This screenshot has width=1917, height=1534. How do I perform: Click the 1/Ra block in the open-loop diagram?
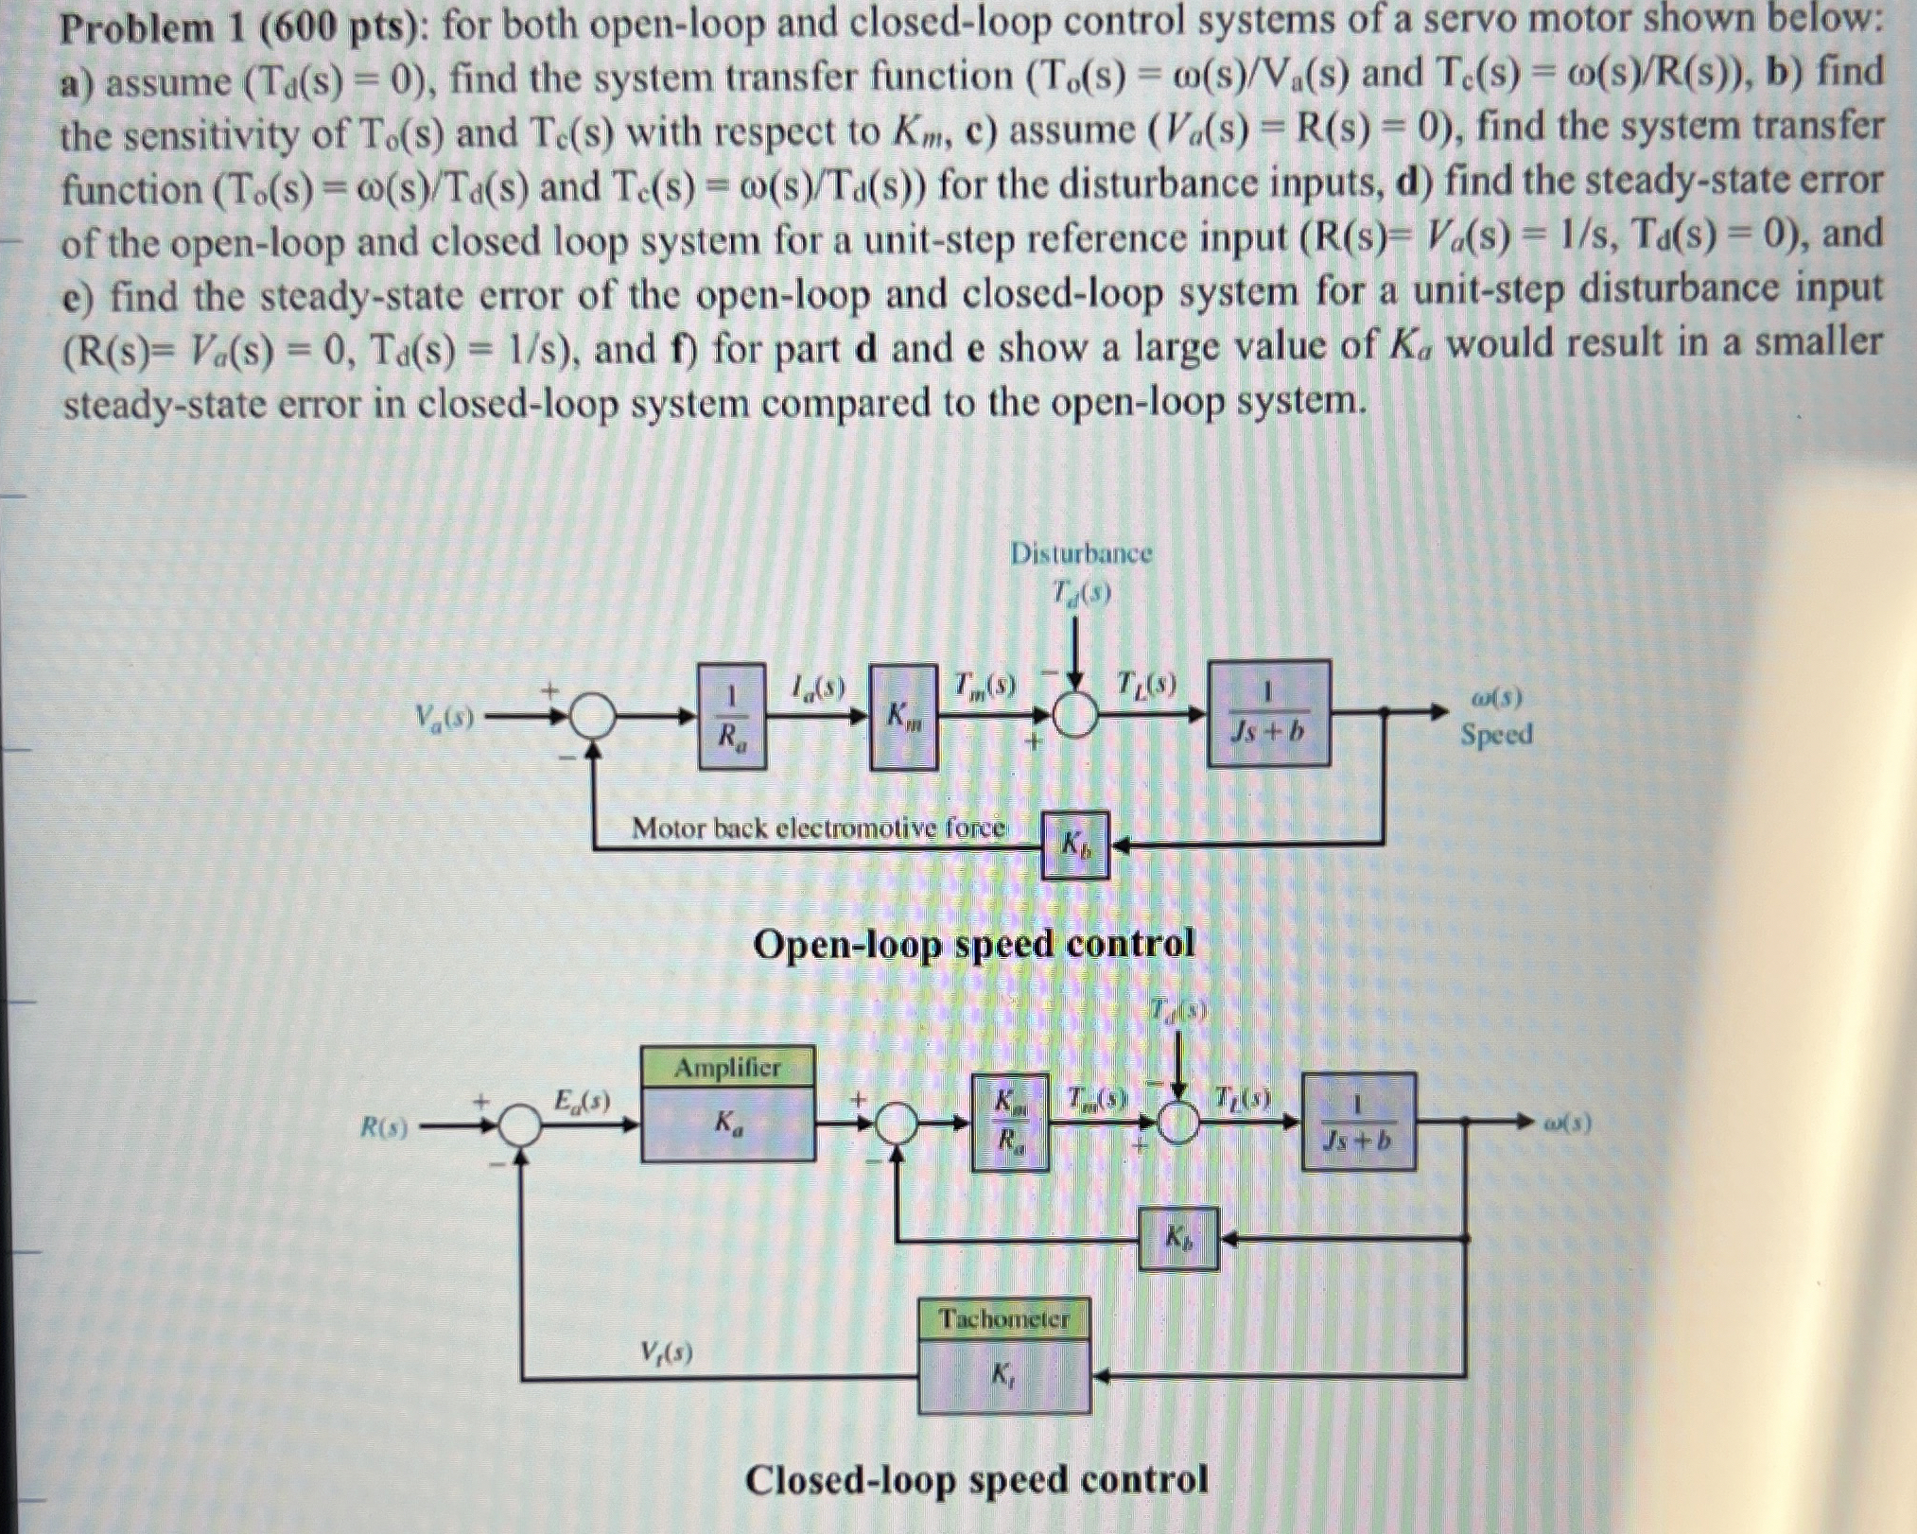pyautogui.click(x=731, y=716)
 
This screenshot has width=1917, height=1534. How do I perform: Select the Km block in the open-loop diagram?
pyautogui.click(x=903, y=716)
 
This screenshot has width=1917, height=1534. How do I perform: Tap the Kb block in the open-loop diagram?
pyautogui.click(x=1074, y=844)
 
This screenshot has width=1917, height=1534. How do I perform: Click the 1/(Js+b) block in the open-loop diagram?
pyautogui.click(x=1269, y=712)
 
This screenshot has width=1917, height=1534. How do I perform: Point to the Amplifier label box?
pyautogui.click(x=727, y=1068)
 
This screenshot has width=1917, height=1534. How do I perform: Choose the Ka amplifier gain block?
pyautogui.click(x=727, y=1124)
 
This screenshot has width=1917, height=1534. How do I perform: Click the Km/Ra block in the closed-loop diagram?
pyautogui.click(x=1011, y=1122)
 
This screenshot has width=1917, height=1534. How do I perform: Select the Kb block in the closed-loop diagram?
pyautogui.click(x=1177, y=1237)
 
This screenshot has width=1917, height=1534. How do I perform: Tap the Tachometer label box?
pyautogui.click(x=1003, y=1318)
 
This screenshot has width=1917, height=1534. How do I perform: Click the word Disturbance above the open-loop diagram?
pyautogui.click(x=1081, y=553)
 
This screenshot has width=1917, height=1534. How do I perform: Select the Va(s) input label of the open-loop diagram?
pyautogui.click(x=444, y=718)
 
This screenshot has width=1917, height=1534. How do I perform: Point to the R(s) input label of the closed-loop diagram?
pyautogui.click(x=385, y=1126)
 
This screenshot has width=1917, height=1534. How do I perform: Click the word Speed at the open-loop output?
pyautogui.click(x=1495, y=734)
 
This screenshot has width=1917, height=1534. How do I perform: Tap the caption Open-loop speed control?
pyautogui.click(x=973, y=944)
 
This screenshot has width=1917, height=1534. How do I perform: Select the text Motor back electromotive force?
pyautogui.click(x=818, y=828)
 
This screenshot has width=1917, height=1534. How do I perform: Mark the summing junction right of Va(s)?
pyautogui.click(x=592, y=720)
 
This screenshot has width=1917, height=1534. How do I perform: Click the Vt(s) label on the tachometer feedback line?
pyautogui.click(x=666, y=1353)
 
